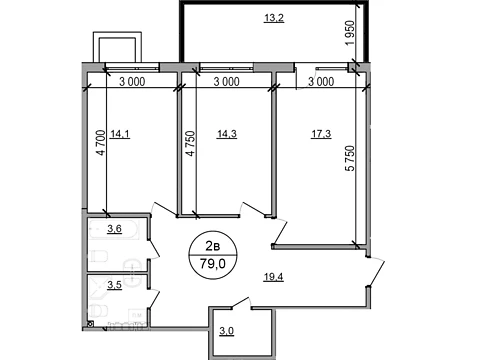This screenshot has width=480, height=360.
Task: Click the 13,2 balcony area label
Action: point(274,17)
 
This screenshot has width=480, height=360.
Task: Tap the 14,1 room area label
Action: point(120,134)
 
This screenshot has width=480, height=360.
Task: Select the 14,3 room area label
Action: point(227,134)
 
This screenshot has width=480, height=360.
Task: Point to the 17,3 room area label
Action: point(321,134)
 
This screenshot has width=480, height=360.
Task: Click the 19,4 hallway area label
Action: point(273,277)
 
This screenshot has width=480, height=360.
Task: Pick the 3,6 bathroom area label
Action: point(114,229)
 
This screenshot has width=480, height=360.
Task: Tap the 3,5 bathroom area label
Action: point(114,285)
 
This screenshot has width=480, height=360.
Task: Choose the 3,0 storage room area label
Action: point(227,331)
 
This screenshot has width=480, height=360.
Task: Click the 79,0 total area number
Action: point(213,264)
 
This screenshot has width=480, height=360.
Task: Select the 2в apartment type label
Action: point(213,246)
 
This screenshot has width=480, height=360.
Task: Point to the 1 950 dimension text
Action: point(350,34)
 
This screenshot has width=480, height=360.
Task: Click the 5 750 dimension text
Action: point(350,158)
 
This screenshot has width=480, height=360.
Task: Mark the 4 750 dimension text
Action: point(190,144)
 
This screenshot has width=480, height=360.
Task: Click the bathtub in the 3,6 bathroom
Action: point(113,230)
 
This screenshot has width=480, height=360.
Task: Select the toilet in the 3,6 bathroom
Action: point(99,257)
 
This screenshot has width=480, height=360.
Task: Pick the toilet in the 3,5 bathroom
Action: point(98,312)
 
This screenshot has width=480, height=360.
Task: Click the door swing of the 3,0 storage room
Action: point(241,303)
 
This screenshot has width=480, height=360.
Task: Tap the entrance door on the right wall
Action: point(376,272)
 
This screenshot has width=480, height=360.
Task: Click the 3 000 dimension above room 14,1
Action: point(132,82)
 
